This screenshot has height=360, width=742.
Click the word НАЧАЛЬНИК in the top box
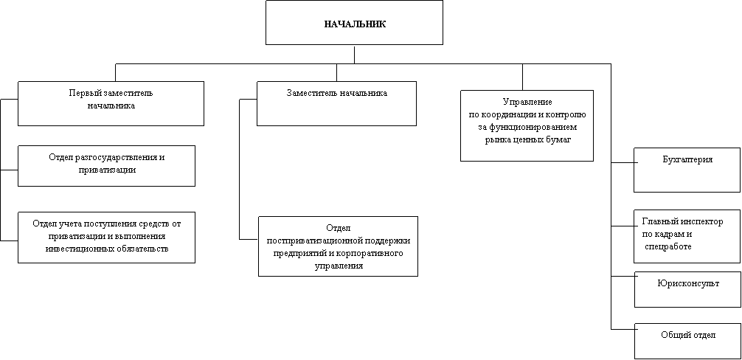[x=355, y=24]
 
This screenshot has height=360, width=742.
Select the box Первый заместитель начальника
[x=111, y=103]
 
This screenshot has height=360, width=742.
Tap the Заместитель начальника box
[x=336, y=103]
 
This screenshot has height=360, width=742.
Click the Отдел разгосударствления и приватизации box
[x=106, y=165]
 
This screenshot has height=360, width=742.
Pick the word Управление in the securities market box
[x=527, y=103]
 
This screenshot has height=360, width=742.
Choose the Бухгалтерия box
[x=687, y=170]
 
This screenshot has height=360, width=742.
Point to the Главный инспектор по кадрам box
[x=687, y=237]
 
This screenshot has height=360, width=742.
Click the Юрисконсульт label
[x=688, y=284]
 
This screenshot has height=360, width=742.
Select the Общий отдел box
[x=687, y=341]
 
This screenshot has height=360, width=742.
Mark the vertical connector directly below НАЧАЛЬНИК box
[x=355, y=54]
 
